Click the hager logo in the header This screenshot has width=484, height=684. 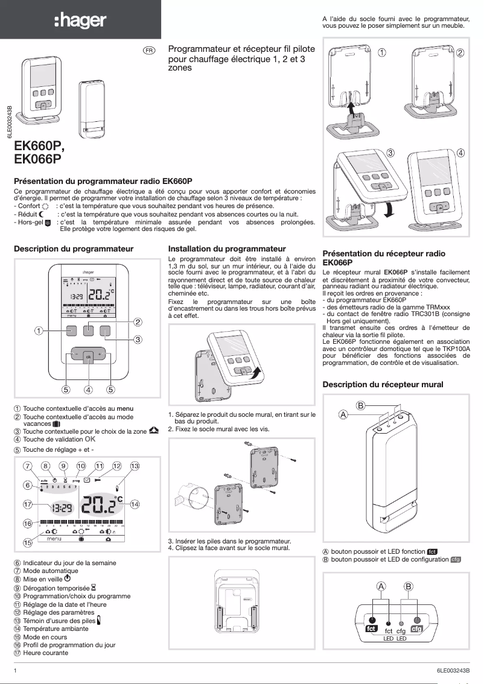click(80, 21)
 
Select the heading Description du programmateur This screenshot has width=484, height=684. click(74, 249)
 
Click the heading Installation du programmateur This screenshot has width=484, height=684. click(227, 249)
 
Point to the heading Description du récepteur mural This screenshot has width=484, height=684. click(383, 384)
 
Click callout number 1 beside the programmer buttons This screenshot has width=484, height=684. click(39, 331)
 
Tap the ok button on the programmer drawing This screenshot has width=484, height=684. click(88, 356)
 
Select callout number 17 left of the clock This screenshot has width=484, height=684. click(27, 504)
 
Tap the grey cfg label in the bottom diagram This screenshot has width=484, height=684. click(416, 629)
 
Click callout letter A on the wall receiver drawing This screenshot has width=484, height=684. click(343, 414)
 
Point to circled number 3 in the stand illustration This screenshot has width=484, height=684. click(390, 153)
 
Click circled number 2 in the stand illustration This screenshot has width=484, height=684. click(460, 53)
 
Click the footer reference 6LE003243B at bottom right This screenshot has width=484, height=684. click(453, 670)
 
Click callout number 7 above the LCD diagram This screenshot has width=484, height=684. click(27, 466)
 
